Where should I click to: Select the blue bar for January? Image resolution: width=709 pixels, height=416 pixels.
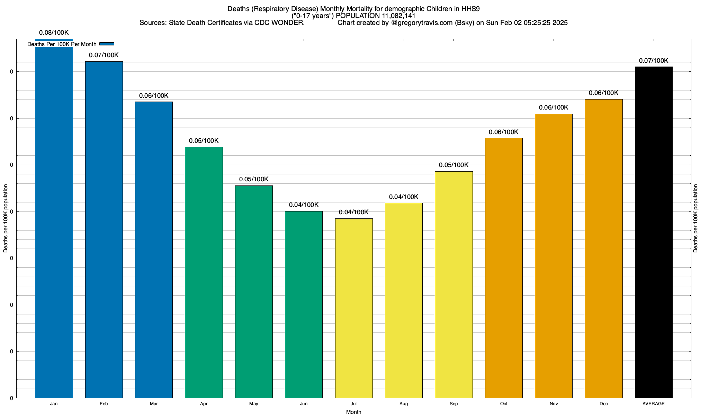click(x=54, y=222)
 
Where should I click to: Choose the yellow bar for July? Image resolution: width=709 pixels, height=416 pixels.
click(x=354, y=308)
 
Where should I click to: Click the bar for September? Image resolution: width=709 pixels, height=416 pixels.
click(x=454, y=285)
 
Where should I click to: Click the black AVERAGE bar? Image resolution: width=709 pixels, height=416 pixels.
click(x=654, y=232)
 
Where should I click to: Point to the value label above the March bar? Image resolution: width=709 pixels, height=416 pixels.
click(x=154, y=96)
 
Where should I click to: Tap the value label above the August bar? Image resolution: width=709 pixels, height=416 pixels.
click(x=404, y=197)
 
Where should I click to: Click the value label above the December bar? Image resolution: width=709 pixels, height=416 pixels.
click(x=603, y=93)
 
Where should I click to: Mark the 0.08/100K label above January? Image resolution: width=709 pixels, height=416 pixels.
click(x=54, y=33)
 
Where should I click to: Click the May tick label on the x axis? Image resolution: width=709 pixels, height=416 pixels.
click(x=254, y=404)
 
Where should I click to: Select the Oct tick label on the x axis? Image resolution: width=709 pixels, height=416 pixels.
click(x=504, y=404)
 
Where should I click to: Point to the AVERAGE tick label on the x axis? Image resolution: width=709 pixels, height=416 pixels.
click(x=654, y=404)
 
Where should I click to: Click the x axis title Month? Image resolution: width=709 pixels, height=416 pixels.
click(x=353, y=412)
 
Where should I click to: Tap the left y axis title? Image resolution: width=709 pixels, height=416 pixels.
click(x=6, y=218)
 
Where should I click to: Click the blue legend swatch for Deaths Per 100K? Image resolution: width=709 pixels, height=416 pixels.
click(x=107, y=44)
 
